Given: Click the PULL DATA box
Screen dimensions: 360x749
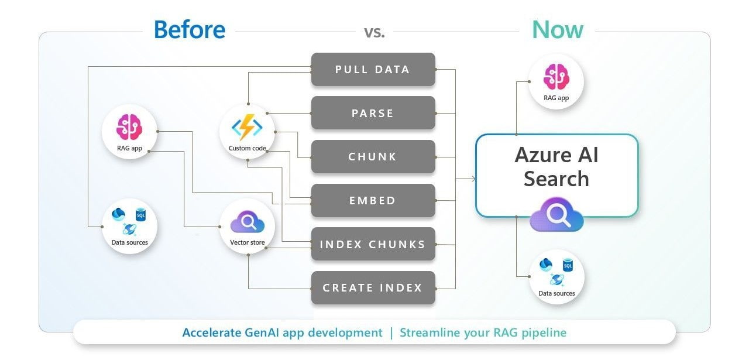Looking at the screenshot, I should click(373, 69).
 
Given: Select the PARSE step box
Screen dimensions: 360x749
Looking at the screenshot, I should click(373, 113).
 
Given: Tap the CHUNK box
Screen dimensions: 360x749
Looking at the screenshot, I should click(373, 156).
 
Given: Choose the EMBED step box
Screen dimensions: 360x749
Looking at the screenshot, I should click(373, 200).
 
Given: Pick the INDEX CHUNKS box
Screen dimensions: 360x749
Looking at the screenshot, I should click(373, 244).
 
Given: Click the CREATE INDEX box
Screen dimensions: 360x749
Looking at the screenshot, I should click(373, 287).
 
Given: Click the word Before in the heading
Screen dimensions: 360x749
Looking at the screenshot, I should click(189, 29).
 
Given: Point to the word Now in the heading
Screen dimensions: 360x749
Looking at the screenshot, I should click(557, 30).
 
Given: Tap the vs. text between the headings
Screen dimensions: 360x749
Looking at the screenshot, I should click(374, 32).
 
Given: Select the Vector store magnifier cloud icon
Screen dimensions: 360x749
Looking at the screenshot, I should click(247, 223).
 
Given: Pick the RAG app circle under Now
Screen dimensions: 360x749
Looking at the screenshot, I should click(556, 81).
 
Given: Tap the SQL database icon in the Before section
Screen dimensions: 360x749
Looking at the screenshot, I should click(141, 215).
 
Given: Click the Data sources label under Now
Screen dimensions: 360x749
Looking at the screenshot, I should click(556, 293).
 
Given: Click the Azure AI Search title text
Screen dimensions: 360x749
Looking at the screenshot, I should click(556, 167).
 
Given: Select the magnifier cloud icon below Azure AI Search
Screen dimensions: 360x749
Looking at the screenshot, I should click(556, 215).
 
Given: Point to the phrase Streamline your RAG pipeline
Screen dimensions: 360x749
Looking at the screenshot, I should click(483, 333).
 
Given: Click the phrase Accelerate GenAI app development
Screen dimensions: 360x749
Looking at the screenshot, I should click(282, 333).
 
